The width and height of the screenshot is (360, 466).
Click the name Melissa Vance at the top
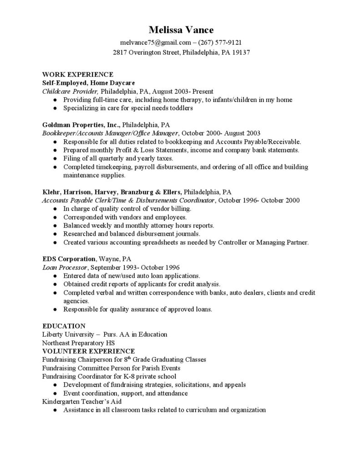coord(181,30)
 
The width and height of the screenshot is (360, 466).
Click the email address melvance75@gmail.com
coord(152,42)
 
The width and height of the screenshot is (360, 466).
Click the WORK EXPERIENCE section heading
coord(77,74)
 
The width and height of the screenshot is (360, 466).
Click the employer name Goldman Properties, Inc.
coord(81,124)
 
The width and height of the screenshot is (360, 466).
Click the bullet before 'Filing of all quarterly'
coord(55,158)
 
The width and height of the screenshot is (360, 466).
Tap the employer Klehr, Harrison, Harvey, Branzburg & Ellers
coord(112,192)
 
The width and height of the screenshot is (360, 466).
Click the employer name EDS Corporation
coord(69,258)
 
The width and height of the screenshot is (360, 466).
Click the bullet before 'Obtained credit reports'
coord(55,284)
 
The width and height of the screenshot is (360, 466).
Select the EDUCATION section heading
coord(64,326)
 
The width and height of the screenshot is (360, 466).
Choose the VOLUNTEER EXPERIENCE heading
coord(88,351)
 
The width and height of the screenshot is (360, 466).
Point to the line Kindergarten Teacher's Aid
coord(82,401)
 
